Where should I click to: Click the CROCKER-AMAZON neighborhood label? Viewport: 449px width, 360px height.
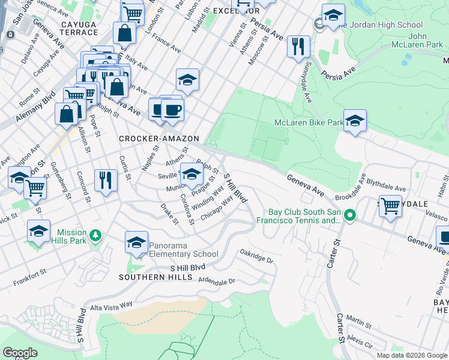(x=158, y=139)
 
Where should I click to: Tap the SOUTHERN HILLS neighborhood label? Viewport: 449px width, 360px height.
(x=155, y=277)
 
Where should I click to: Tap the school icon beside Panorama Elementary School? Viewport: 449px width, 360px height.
(x=136, y=242)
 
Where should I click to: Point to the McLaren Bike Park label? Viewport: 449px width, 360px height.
(x=309, y=122)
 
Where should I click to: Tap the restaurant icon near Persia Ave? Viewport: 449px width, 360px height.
(x=298, y=46)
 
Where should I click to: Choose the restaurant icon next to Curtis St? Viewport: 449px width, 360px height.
(x=106, y=180)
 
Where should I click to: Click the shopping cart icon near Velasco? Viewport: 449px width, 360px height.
(x=390, y=206)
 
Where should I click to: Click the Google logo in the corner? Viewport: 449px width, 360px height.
(x=20, y=352)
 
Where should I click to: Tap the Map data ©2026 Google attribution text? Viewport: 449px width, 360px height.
(x=412, y=355)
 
